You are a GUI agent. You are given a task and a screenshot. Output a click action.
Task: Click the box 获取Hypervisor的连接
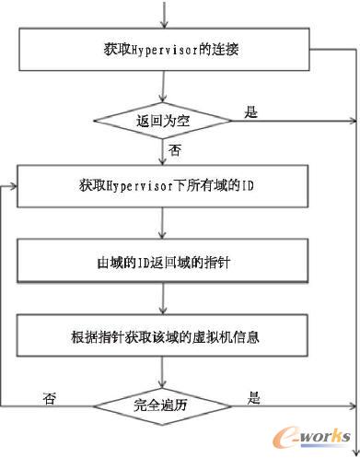click(x=164, y=47)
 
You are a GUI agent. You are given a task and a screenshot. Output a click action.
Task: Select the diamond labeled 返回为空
click(x=164, y=120)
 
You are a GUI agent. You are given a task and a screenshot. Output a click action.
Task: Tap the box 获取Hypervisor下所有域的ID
click(x=164, y=186)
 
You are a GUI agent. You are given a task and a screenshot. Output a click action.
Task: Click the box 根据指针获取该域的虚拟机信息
click(x=164, y=335)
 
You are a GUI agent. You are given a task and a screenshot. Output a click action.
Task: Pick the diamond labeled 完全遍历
click(x=164, y=405)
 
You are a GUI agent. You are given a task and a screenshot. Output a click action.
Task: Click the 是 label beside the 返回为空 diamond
click(x=251, y=112)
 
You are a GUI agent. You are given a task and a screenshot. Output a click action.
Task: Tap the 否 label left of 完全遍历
click(x=50, y=398)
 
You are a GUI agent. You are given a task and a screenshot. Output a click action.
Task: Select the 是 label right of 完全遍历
click(x=254, y=398)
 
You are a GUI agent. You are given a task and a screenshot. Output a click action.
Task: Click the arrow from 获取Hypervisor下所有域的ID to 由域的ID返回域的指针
click(x=164, y=223)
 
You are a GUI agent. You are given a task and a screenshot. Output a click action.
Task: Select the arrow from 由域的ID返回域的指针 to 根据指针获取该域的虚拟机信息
click(x=164, y=298)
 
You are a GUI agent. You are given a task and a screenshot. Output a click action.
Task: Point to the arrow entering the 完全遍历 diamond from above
click(x=164, y=372)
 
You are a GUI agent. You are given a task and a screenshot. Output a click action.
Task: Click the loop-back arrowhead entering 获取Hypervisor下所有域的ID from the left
click(x=13, y=186)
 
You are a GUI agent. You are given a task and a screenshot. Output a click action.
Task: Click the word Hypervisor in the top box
click(x=162, y=47)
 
